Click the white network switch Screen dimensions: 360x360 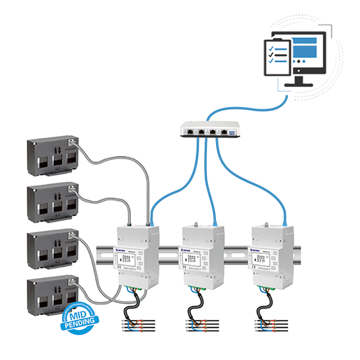[210, 129]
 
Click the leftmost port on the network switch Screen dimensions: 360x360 [190, 131]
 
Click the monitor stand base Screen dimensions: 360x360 [299, 85]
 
